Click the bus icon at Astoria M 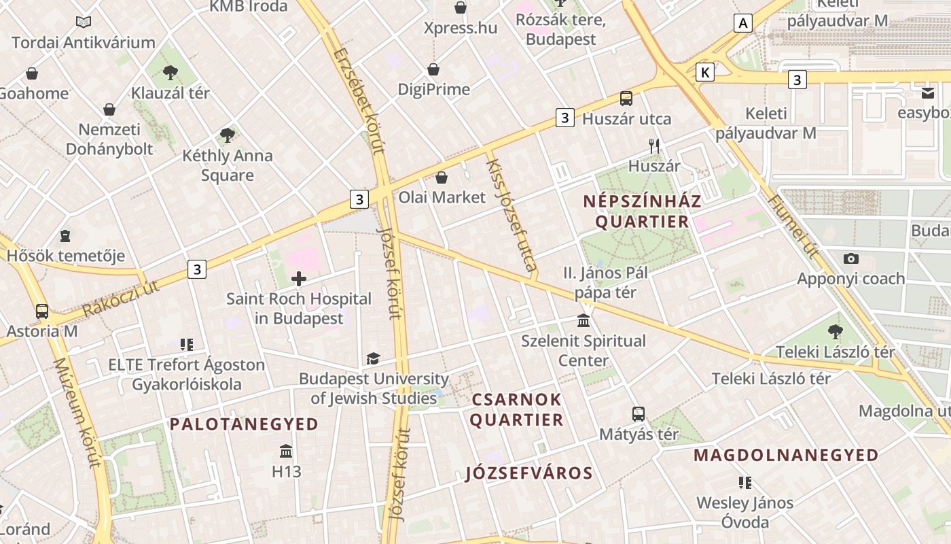tap(42, 311)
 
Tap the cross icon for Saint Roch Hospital tap(299, 278)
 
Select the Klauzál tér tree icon tap(171, 72)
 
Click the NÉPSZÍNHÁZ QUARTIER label tap(641, 211)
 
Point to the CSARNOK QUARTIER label tap(516, 409)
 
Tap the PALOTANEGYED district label tap(244, 424)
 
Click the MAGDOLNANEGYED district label tap(786, 456)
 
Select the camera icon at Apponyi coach tap(850, 258)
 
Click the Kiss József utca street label tap(512, 211)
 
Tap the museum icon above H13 tap(286, 451)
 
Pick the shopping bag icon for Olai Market tap(442, 177)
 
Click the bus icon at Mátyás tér tap(638, 413)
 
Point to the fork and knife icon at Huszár tap(654, 146)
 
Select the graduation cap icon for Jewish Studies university tap(373, 358)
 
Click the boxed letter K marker tap(706, 72)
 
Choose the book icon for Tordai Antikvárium tap(84, 22)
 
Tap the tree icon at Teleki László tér tap(835, 332)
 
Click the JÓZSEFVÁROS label tap(529, 473)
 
